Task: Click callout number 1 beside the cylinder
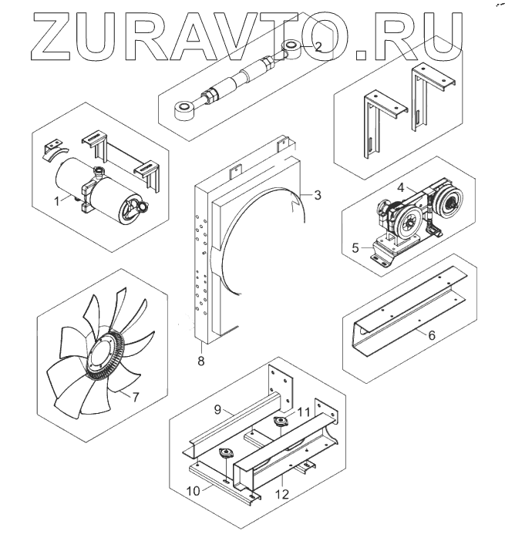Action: [x=57, y=201]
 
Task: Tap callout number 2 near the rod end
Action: [x=318, y=46]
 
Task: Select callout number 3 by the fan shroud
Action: [x=318, y=195]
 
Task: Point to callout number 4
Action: [x=400, y=188]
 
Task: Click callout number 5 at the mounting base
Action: [x=355, y=247]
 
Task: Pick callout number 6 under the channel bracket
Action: [x=432, y=334]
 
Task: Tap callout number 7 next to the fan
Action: [x=136, y=397]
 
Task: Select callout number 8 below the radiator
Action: [x=201, y=361]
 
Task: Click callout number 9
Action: [x=217, y=409]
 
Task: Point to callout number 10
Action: [x=194, y=491]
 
